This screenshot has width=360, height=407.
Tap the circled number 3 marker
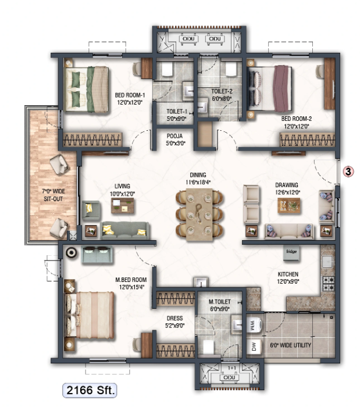coord(348,172)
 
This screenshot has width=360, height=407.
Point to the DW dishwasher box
coord(254,348)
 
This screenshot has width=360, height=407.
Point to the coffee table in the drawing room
coord(289,205)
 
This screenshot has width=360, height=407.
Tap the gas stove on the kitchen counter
coord(328,284)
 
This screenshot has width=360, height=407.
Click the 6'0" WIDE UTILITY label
coord(291,345)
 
